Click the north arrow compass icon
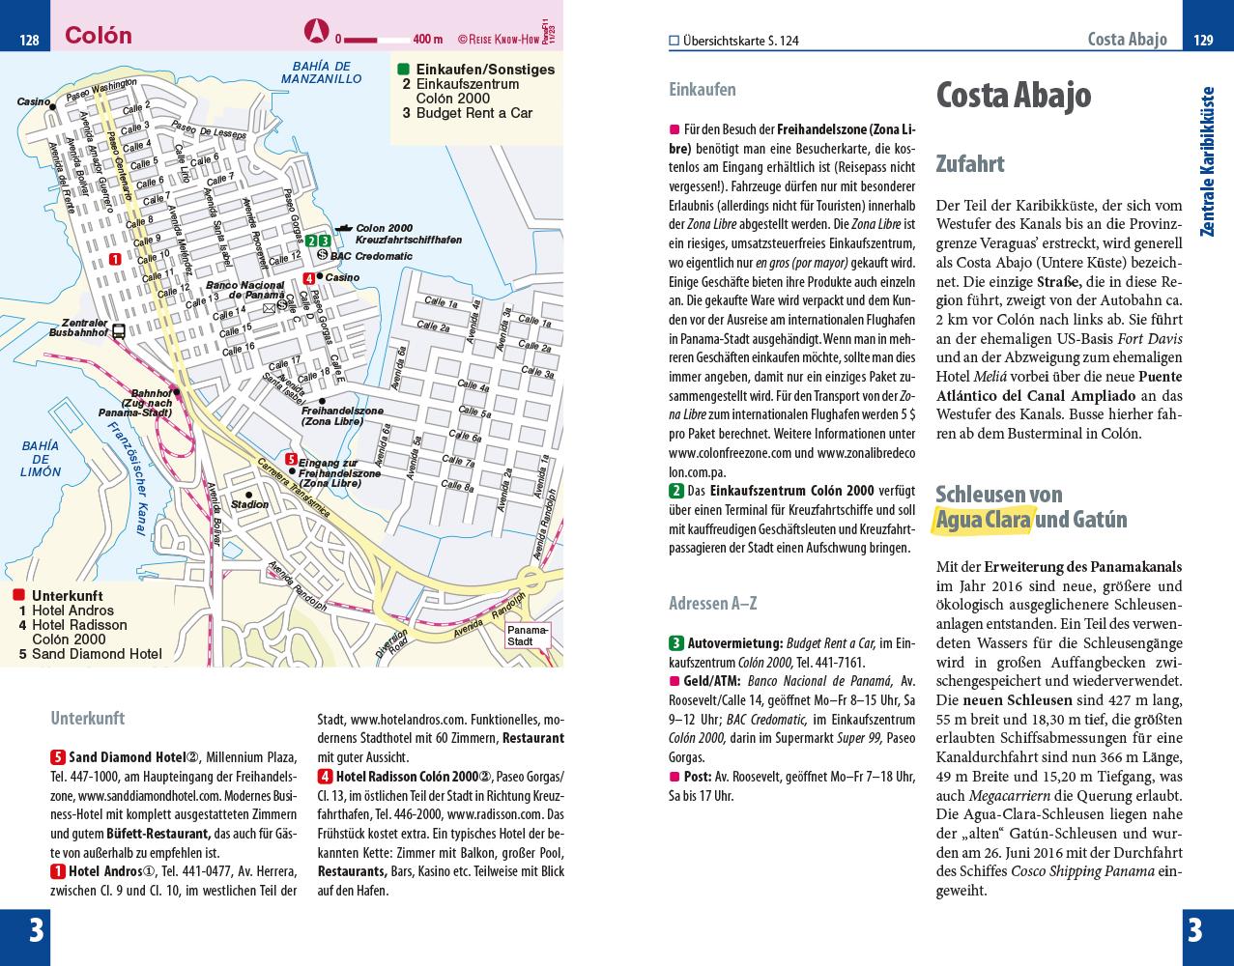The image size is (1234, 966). coord(317,30)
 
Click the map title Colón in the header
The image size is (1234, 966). coord(98,36)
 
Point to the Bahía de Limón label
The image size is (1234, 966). coord(41,459)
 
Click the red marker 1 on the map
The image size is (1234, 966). coord(115,258)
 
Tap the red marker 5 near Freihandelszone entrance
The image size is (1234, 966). coord(291,459)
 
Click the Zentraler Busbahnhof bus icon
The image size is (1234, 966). coord(118,330)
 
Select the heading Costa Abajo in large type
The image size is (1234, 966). coord(1014,95)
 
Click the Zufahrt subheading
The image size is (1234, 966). coord(969,164)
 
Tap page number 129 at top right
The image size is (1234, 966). coord(1203,40)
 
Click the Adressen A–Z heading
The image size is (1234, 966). coord(712,604)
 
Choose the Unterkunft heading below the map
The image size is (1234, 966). coord(87,719)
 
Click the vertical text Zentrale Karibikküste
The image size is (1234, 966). coord(1207,161)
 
